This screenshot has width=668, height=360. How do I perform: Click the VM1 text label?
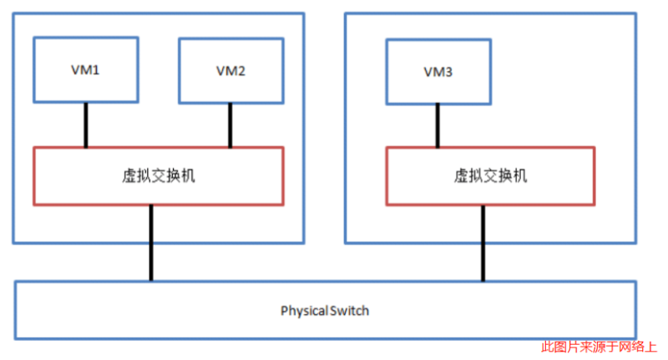[x=85, y=70]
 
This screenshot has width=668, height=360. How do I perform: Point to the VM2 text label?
[x=230, y=71]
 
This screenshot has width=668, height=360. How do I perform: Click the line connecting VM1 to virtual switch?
[x=85, y=124]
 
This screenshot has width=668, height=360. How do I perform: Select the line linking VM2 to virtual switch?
[x=230, y=124]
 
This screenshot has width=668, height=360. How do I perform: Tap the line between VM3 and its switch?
[x=438, y=124]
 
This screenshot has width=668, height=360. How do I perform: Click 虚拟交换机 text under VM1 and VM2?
[x=159, y=176]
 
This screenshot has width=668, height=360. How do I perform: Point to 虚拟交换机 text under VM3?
[x=490, y=176]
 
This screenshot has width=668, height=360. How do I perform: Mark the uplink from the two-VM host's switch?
[x=151, y=242]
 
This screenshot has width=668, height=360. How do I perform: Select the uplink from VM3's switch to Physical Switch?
[x=482, y=242]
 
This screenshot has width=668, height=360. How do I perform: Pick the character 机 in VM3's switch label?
[x=519, y=176]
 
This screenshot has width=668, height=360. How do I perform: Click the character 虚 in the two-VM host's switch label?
[x=129, y=176]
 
